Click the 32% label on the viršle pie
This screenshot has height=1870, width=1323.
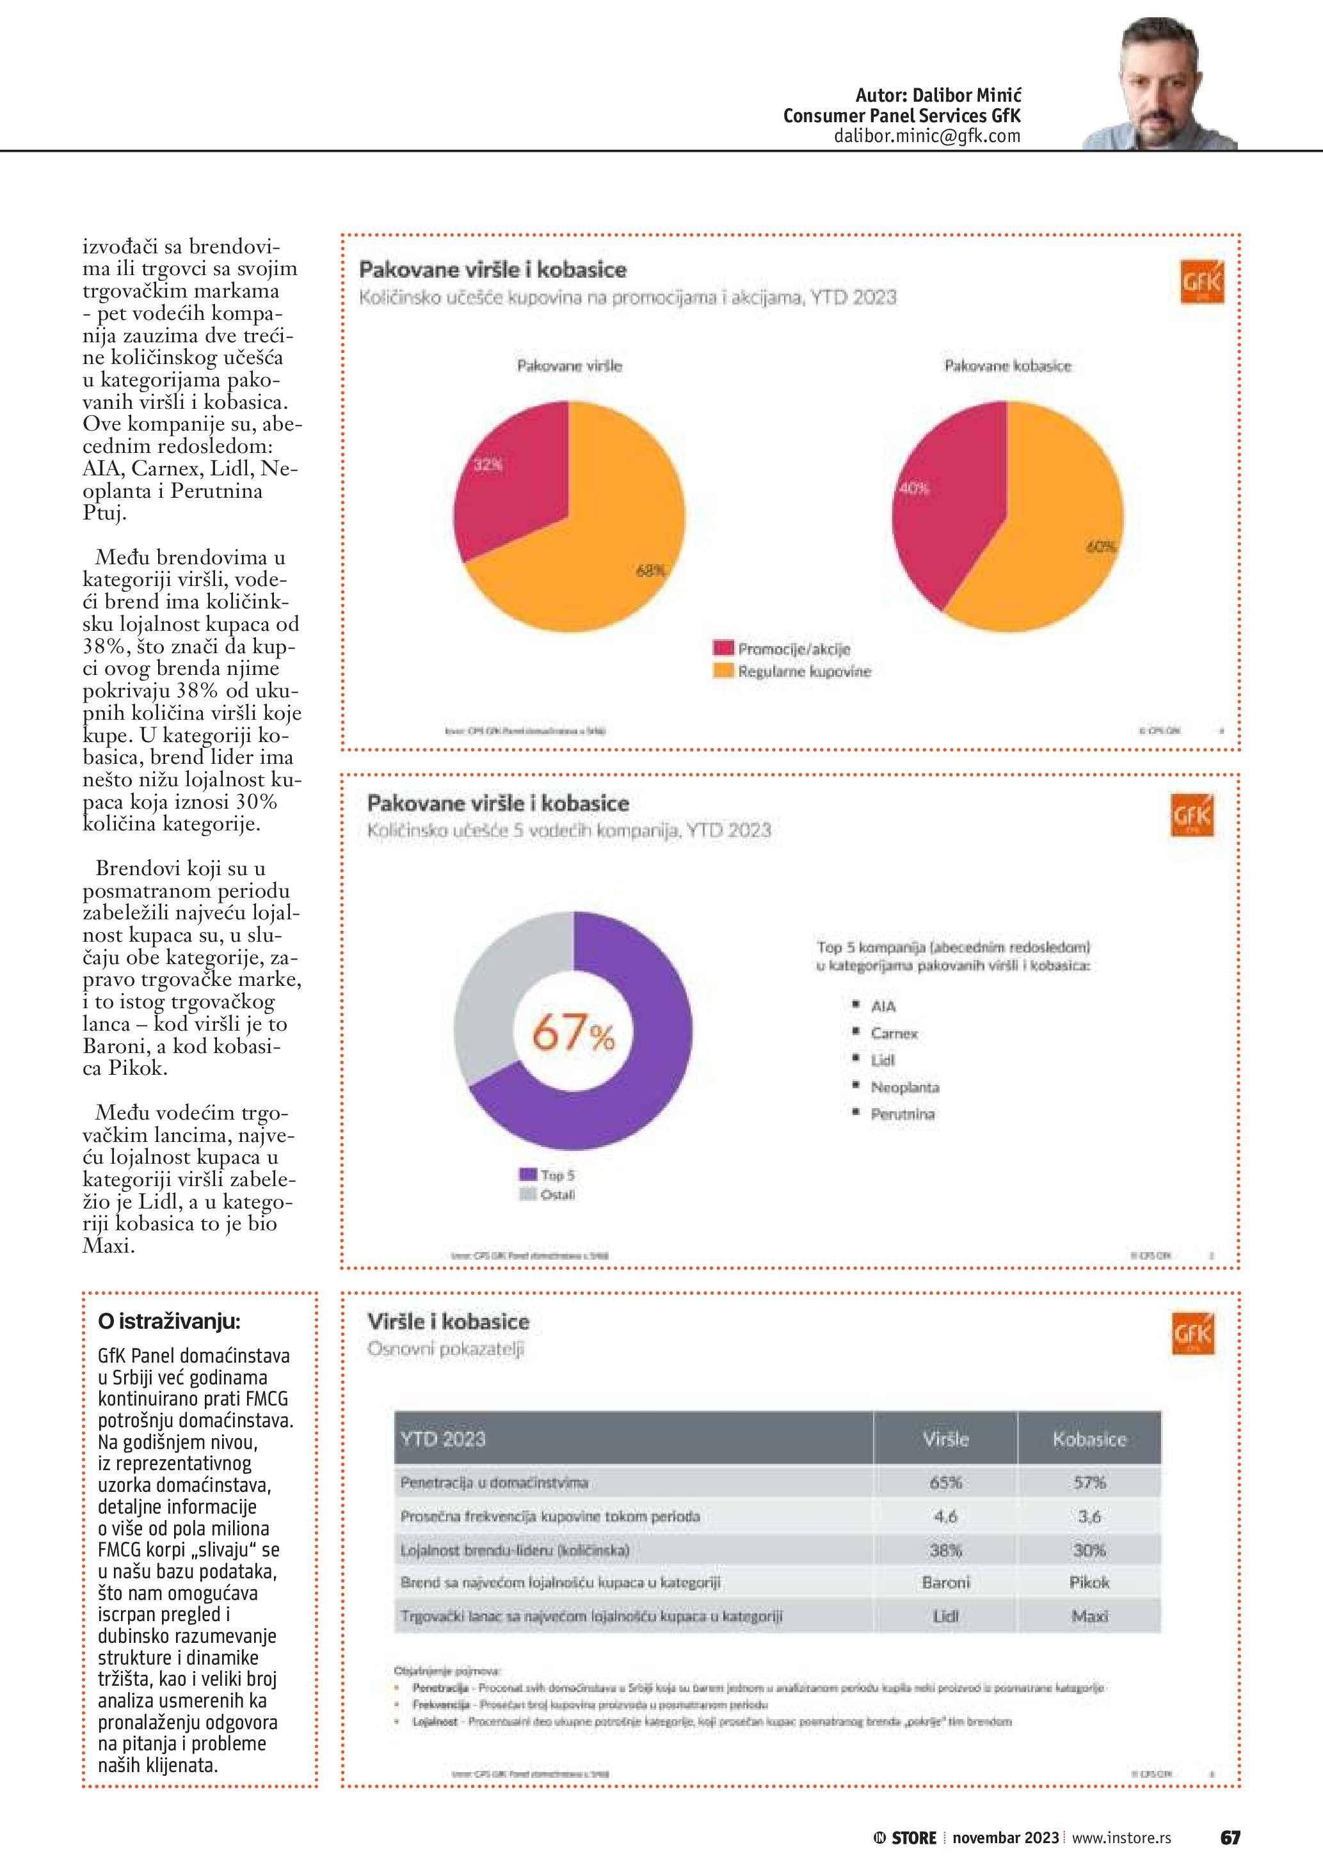tap(488, 465)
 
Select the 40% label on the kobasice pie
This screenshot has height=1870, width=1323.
tap(914, 489)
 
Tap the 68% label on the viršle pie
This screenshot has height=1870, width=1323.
tap(650, 571)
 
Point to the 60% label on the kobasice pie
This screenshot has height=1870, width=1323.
tap(1101, 546)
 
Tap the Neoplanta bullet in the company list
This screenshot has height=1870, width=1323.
tap(904, 1088)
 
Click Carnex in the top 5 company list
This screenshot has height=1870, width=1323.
tap(894, 1034)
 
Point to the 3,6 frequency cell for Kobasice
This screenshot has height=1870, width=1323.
tap(1089, 1516)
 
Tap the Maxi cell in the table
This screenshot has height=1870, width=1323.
tap(1089, 1616)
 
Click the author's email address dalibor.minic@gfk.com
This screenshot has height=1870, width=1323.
tap(926, 136)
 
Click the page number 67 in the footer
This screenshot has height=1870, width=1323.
tap(1230, 1837)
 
